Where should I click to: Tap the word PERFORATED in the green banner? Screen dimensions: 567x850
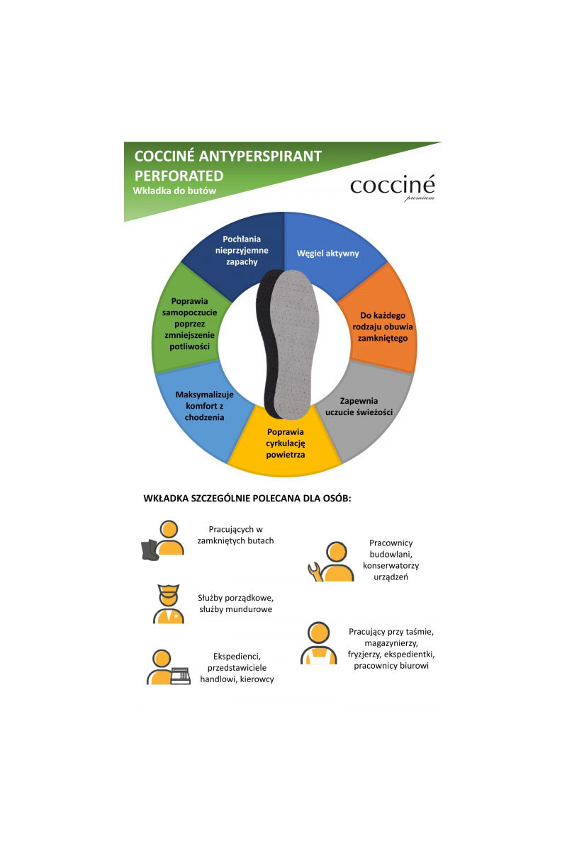(x=179, y=176)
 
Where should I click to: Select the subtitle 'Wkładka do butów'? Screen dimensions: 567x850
(x=174, y=191)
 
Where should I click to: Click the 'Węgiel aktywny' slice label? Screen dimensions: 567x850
(x=327, y=253)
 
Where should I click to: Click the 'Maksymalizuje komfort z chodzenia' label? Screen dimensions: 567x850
(x=204, y=406)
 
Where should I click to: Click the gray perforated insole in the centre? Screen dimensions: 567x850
(x=294, y=344)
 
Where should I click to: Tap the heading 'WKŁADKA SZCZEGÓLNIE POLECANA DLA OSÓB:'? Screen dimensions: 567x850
(x=247, y=498)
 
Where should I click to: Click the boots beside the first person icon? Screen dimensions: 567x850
(x=150, y=550)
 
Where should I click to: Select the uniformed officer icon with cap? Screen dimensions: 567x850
(x=168, y=603)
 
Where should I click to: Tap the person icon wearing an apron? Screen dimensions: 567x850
(x=318, y=643)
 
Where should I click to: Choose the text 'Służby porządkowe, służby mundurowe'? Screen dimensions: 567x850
(x=235, y=603)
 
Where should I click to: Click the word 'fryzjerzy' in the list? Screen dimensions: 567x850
(x=364, y=654)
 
